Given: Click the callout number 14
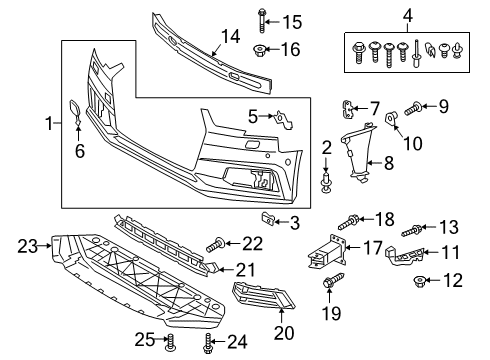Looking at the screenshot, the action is (231, 36).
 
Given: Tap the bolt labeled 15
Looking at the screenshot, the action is (262, 20).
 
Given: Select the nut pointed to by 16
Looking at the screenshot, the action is (259, 50).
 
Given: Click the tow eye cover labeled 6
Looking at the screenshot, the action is (76, 112).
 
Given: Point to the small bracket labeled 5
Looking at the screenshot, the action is (283, 119).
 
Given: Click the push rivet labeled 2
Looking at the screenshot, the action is (326, 182).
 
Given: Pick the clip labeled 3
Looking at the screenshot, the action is (267, 218).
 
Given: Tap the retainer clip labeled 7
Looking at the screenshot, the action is (348, 109).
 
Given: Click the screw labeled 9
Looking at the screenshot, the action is (413, 109).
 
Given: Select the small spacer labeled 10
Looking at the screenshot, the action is (390, 117).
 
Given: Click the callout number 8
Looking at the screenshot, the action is (389, 163).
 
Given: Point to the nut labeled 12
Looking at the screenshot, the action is (419, 282).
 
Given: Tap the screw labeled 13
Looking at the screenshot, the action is (412, 231).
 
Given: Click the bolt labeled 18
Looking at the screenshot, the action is (349, 222).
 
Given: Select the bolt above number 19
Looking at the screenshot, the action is (333, 281).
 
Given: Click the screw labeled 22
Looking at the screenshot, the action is (216, 245).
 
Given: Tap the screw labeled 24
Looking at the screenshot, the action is (208, 343).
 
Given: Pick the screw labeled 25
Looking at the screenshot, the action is (170, 342).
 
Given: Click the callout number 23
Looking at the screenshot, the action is (27, 246).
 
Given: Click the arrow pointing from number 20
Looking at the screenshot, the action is (282, 315).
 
